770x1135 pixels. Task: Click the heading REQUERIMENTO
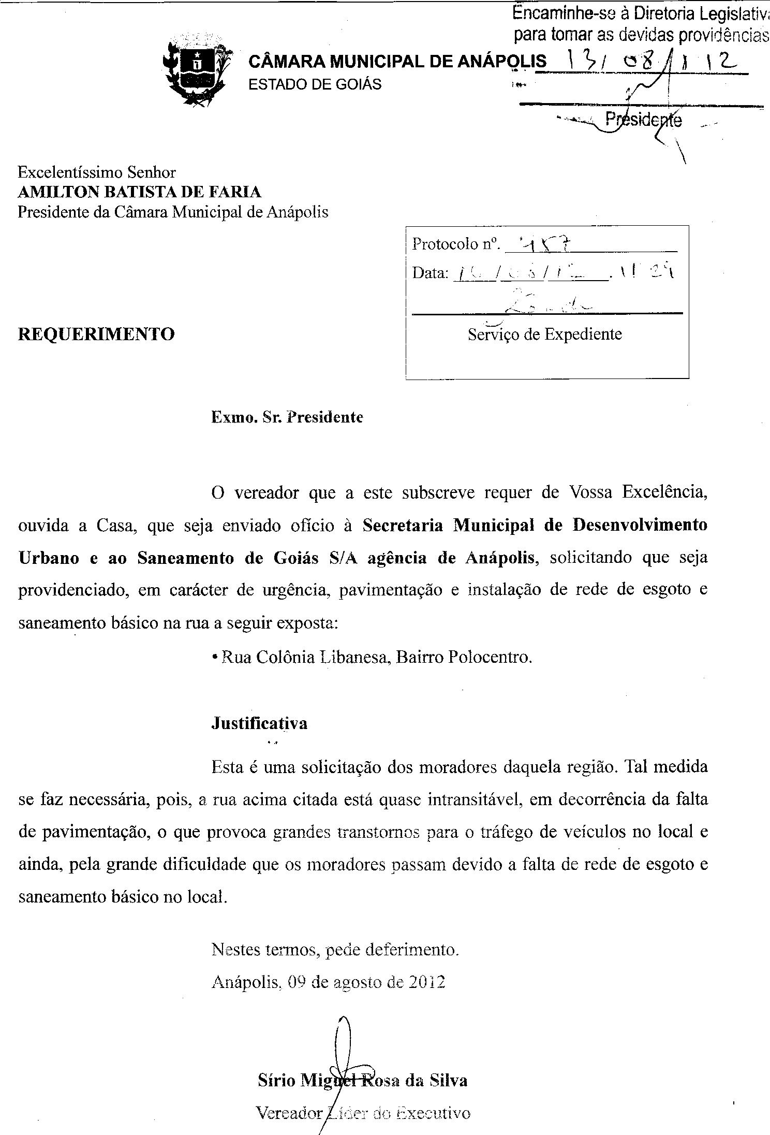point(96,334)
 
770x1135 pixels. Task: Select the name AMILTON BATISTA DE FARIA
point(140,192)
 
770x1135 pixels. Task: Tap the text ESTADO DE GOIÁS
point(315,84)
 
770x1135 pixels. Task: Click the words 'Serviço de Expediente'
point(544,334)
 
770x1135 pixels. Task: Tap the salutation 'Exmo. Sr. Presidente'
point(287,417)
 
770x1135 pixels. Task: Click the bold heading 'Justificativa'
point(259,723)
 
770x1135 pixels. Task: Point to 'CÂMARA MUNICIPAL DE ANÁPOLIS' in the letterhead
point(397,62)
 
